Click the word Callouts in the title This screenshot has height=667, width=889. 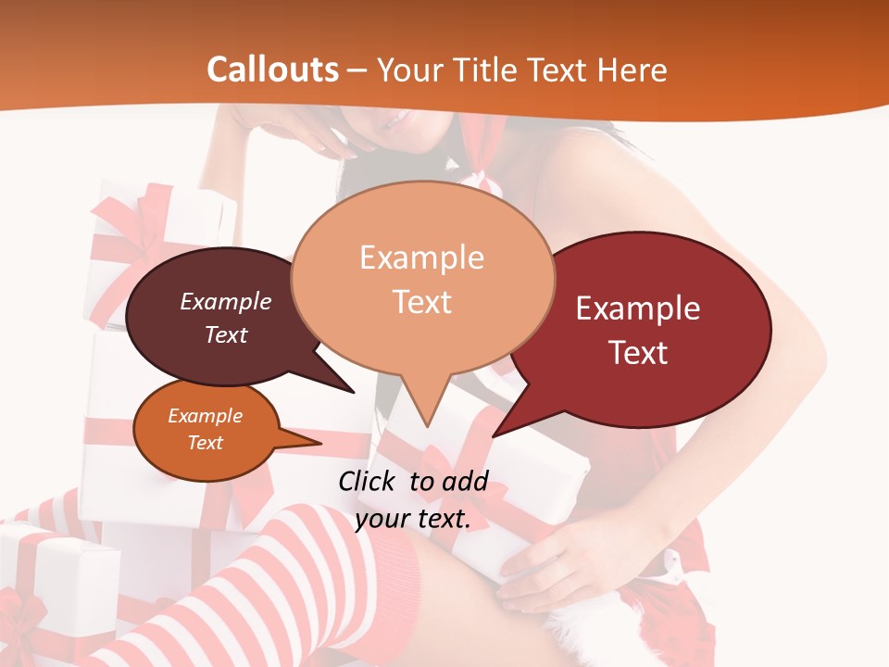[272, 69]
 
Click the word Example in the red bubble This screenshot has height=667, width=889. [638, 308]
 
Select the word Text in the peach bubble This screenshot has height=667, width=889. [422, 302]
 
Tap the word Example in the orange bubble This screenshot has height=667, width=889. [205, 416]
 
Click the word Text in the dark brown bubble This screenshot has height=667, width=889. [225, 334]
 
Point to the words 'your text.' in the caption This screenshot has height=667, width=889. [413, 519]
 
